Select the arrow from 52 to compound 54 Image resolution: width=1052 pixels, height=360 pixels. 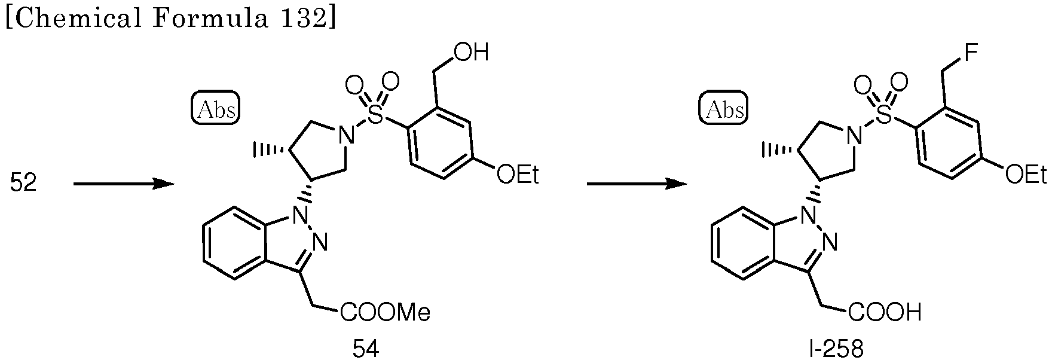point(124,168)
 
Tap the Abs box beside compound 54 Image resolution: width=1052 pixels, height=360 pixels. point(216,109)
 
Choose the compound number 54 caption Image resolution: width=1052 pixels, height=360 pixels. point(366,349)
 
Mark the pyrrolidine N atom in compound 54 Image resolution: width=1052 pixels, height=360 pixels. point(345,137)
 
